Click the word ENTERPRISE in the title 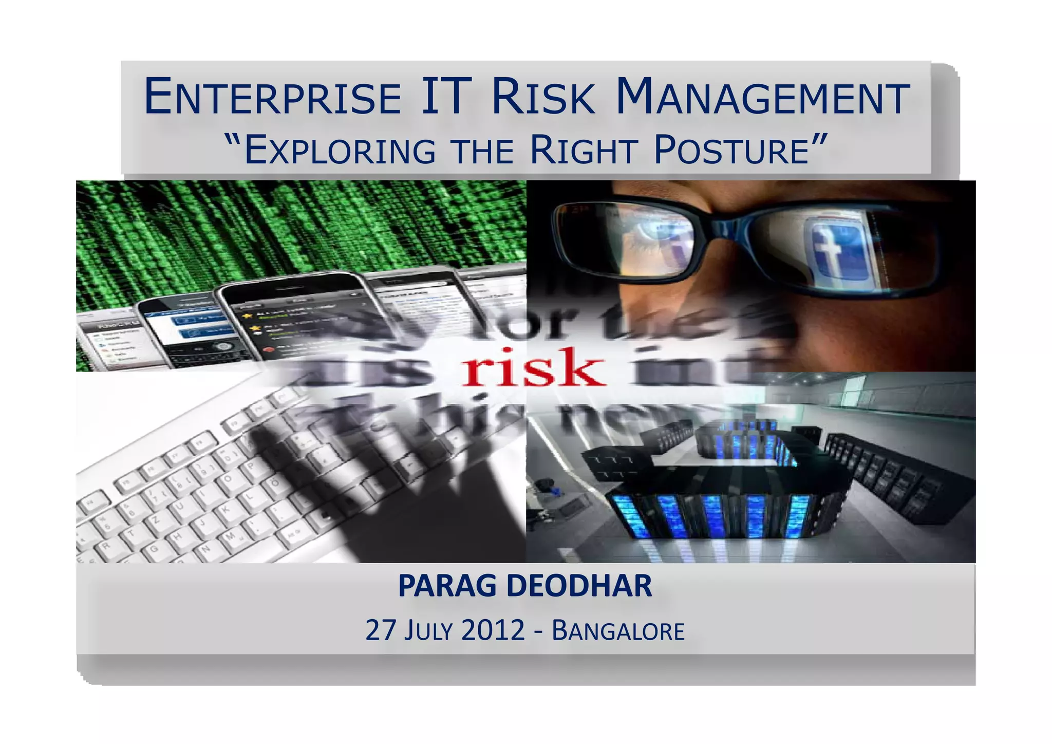272,97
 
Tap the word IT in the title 446,96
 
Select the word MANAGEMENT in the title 762,97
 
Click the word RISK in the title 543,97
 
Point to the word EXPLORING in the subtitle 340,151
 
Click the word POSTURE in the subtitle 731,151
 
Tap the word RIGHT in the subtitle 584,151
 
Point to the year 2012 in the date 493,630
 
